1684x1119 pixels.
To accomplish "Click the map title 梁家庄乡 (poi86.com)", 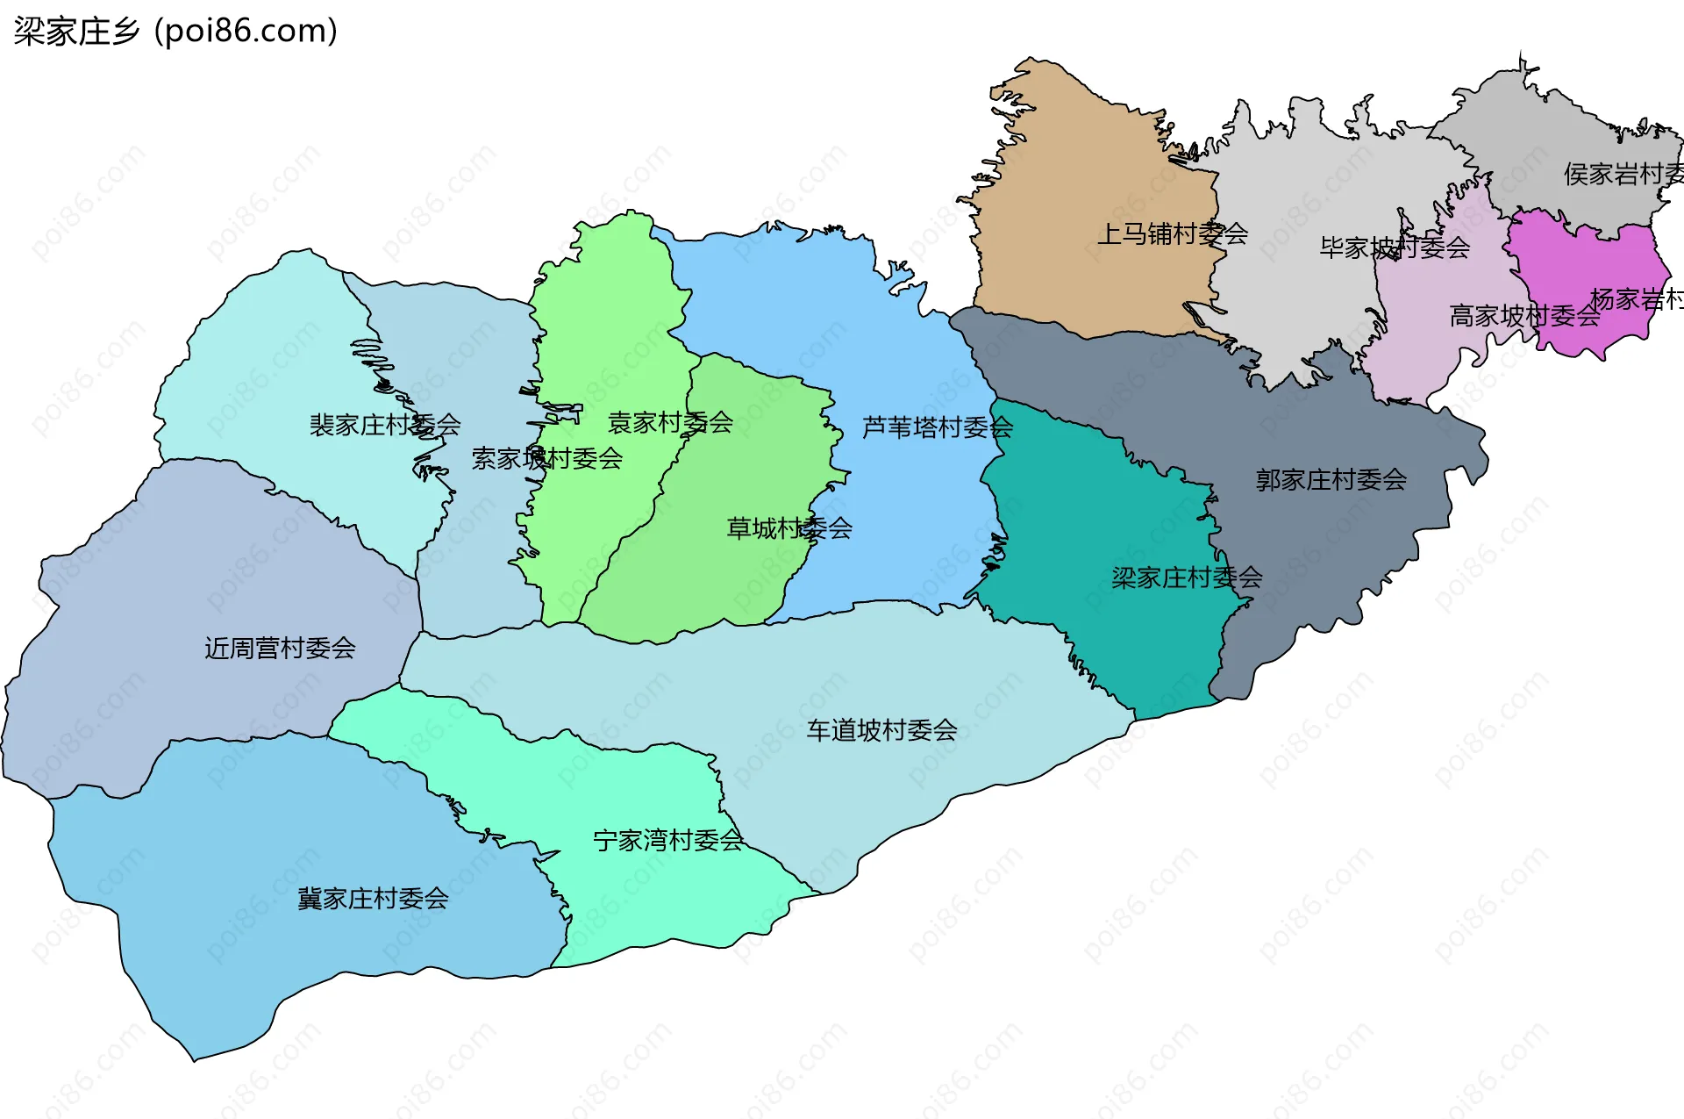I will [x=175, y=32].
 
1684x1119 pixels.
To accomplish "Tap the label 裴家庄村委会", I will [x=384, y=426].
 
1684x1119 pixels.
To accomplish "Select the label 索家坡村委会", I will [x=546, y=459].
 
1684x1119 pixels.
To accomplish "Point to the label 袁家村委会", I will [x=670, y=423].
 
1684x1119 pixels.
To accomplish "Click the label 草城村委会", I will [x=788, y=528].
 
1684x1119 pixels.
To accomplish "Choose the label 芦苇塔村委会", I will [x=937, y=427].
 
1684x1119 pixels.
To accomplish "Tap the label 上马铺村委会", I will [x=1173, y=234].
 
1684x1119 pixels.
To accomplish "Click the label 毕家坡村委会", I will [x=1395, y=248].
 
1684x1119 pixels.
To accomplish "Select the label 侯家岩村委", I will [x=1623, y=175].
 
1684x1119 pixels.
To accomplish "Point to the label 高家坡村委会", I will [x=1524, y=316].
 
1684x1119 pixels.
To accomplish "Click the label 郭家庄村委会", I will [x=1331, y=480].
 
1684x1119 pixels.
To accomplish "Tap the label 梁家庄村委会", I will [x=1187, y=577].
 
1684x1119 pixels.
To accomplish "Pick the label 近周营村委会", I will [x=280, y=649].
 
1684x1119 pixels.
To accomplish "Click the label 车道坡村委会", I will [x=881, y=730].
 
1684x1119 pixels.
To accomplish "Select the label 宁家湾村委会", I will [x=668, y=841].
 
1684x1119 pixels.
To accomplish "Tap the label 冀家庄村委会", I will [x=373, y=899].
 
